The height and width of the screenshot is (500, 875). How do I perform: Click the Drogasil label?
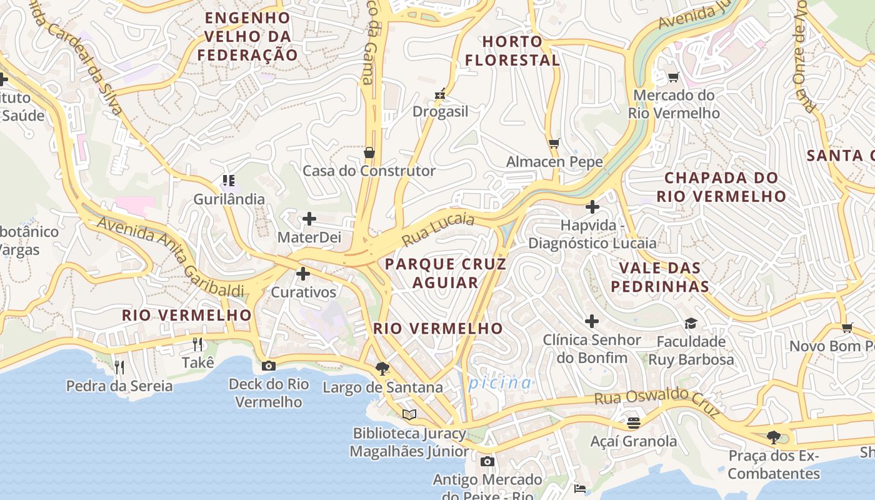point(440,112)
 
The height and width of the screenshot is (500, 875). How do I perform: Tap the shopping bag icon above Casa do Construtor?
point(369,152)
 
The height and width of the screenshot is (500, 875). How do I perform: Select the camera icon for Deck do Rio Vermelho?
point(269,366)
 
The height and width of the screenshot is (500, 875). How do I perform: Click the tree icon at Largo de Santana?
point(382,369)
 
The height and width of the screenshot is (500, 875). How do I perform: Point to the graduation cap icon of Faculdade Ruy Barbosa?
point(691,323)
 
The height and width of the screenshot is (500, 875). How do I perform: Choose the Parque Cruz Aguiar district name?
point(446,273)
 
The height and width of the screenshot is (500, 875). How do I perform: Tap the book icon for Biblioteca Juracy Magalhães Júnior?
point(409,414)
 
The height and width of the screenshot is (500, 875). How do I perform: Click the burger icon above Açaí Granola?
point(634,423)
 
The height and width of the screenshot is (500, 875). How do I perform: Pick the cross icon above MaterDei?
point(309,219)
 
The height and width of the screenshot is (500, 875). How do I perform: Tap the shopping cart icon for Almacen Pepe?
point(554,143)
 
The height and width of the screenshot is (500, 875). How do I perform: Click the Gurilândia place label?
point(229,199)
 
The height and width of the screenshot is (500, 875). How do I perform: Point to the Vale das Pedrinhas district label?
point(659,277)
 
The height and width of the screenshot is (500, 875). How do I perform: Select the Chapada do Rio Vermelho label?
point(721,187)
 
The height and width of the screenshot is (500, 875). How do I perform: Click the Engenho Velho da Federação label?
point(247,36)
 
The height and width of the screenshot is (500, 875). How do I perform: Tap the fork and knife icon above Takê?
point(197,344)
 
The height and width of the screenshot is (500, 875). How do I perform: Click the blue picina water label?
point(500,382)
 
